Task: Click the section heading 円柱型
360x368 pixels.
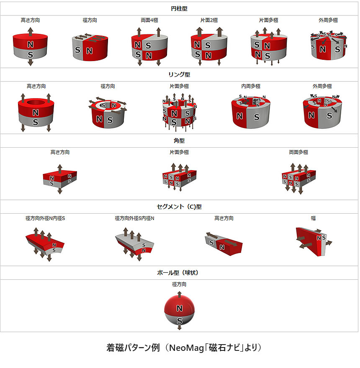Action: click(x=179, y=8)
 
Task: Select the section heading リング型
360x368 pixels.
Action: click(x=179, y=74)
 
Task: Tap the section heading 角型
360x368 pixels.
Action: click(x=179, y=141)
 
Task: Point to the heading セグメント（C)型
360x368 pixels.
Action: click(x=179, y=207)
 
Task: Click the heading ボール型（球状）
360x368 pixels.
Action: click(x=179, y=273)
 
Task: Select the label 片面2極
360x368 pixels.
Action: click(x=209, y=20)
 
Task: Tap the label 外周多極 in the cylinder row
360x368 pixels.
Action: click(x=328, y=20)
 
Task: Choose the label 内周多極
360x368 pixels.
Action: click(x=251, y=86)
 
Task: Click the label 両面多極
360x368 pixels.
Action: click(x=298, y=152)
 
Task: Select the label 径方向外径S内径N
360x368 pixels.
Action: click(x=135, y=218)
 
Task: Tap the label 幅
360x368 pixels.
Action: click(x=313, y=218)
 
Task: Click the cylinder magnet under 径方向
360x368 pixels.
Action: click(x=90, y=48)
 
